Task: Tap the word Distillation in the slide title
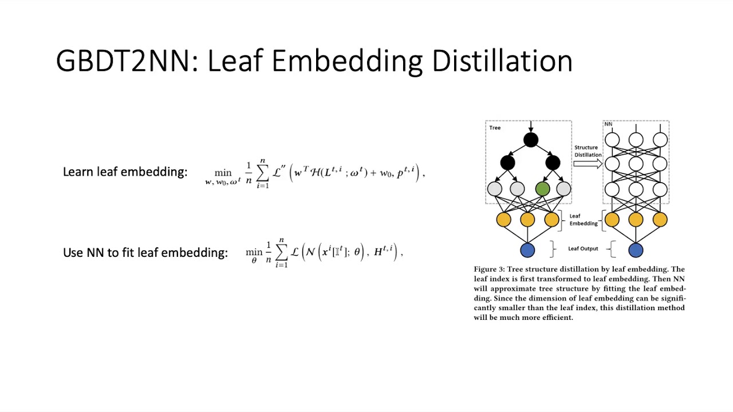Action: (502, 61)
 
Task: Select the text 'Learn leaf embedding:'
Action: (125, 172)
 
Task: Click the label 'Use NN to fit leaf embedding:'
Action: (145, 252)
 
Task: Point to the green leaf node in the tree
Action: (542, 188)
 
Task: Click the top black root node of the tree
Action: (530, 140)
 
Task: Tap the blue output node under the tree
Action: (527, 250)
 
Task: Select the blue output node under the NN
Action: (636, 250)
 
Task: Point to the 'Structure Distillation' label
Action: (588, 151)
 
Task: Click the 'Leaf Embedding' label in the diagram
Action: (583, 220)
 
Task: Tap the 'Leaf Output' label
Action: (583, 249)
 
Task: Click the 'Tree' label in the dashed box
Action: (495, 128)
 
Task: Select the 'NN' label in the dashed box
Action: (608, 124)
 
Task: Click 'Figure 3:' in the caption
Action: (488, 269)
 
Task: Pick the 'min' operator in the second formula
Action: (254, 252)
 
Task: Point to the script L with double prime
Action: (279, 172)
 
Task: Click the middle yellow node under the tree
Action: (527, 220)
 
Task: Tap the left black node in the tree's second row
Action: (507, 163)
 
